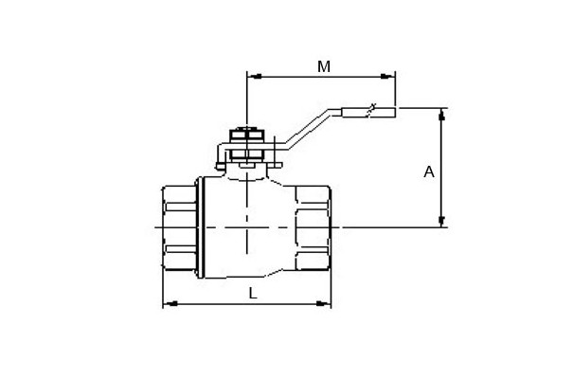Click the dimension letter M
tap(324, 67)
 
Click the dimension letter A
tap(429, 171)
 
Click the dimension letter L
tap(253, 293)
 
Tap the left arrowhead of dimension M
tap(255, 77)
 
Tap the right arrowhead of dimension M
tap(387, 77)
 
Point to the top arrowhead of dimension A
tap(441, 115)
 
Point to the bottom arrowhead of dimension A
tap(441, 221)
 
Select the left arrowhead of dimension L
tap(170, 303)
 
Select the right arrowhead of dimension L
tap(323, 303)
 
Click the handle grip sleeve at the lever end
tap(368, 112)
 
